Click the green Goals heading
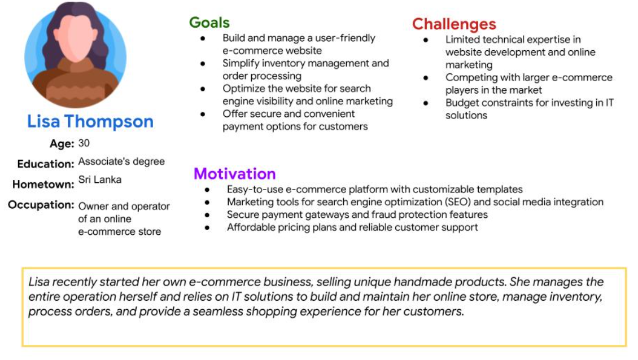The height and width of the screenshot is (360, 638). [209, 23]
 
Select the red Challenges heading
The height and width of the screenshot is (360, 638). [454, 24]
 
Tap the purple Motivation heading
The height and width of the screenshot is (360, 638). [234, 174]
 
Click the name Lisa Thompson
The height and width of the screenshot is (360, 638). [90, 121]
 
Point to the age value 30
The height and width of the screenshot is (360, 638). [84, 143]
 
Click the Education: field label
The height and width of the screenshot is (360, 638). [46, 164]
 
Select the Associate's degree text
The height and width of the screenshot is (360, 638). [121, 161]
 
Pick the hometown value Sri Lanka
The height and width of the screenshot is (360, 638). [100, 180]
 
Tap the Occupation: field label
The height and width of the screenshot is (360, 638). [41, 205]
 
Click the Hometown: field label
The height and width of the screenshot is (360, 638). [43, 185]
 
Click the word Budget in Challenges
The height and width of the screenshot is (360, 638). [461, 103]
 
